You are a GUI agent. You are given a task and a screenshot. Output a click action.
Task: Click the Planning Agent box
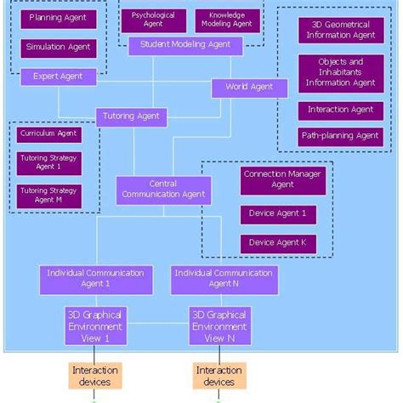(x=57, y=18)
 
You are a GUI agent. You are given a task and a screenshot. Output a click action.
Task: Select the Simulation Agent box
(x=57, y=48)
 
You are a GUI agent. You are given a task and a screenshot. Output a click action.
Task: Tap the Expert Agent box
(x=59, y=77)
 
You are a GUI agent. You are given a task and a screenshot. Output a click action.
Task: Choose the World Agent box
(x=248, y=87)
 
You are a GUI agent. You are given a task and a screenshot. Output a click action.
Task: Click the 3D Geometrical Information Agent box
(x=340, y=30)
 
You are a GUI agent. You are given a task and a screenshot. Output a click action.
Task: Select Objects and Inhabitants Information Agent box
(x=340, y=72)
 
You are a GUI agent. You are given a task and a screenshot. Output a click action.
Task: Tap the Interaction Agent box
(x=340, y=110)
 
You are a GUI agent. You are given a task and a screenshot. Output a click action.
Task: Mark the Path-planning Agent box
(x=340, y=135)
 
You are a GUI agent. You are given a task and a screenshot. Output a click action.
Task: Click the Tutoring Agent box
(x=131, y=116)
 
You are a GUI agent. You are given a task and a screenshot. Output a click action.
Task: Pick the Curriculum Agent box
(x=48, y=133)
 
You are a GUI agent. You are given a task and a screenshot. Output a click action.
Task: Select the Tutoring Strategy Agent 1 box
(x=48, y=162)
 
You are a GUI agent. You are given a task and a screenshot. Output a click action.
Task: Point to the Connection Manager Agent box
(x=270, y=179)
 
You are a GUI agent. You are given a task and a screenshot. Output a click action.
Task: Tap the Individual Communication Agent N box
(x=223, y=279)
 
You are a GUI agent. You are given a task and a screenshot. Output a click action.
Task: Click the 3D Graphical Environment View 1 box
(x=95, y=326)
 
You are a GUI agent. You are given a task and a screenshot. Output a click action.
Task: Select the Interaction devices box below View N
(x=219, y=376)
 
